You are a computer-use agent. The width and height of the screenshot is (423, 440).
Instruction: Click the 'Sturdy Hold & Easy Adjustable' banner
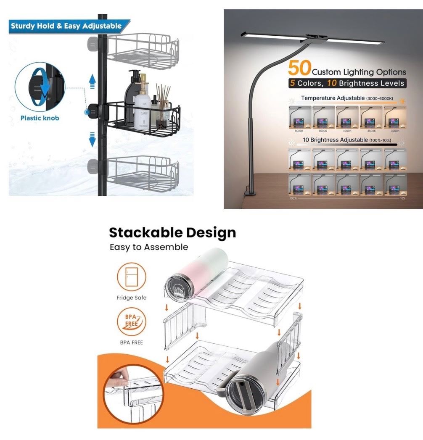tap(66, 26)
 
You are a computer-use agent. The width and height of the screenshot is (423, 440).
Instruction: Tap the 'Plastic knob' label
tap(40, 118)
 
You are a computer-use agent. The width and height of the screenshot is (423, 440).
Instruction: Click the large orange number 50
tap(299, 67)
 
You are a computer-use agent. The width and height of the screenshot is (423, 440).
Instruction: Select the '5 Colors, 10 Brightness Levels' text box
tap(347, 83)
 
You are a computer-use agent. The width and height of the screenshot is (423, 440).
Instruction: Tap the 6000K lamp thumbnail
tap(299, 117)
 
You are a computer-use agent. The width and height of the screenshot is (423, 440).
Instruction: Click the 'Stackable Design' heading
tap(172, 232)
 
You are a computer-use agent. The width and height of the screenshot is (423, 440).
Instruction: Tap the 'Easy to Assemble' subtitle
tap(148, 247)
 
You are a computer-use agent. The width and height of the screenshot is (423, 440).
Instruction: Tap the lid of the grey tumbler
tap(242, 393)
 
